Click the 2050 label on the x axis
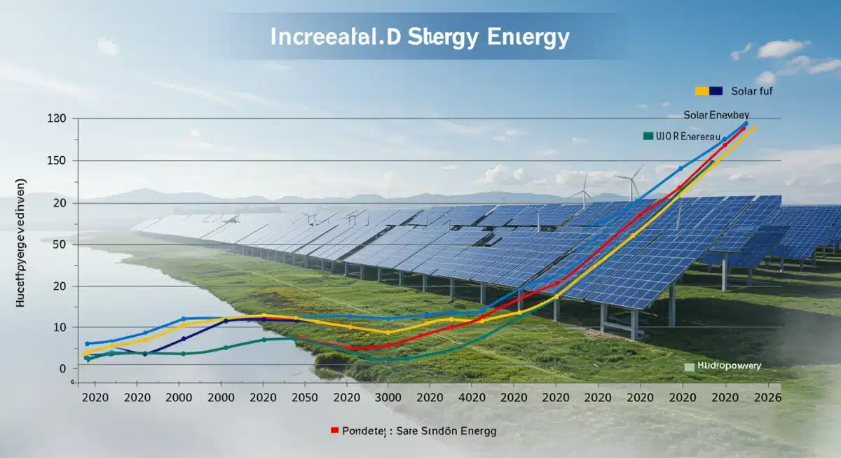coord(305,397)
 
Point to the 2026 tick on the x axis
coord(765,397)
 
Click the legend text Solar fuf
coord(752,91)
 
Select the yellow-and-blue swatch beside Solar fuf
coord(709,91)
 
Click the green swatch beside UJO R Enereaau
coord(648,135)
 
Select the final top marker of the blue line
coord(745,123)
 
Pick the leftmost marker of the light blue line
coord(87,344)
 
